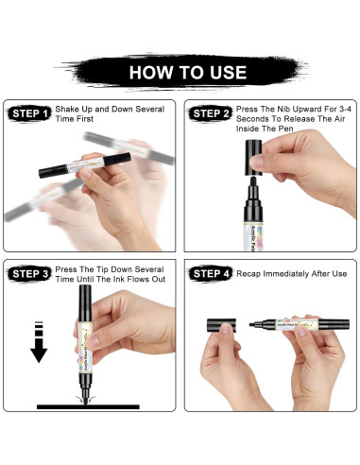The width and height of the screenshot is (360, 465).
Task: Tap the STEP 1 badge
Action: coord(29,113)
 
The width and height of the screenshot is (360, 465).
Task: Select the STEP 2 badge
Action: coord(210,113)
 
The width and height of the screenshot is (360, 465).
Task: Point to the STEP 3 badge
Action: coord(29,273)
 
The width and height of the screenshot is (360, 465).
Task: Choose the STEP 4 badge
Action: coord(210,273)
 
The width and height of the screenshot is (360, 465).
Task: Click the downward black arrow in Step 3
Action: coord(39,342)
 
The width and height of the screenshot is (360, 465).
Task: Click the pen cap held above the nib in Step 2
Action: coord(253,157)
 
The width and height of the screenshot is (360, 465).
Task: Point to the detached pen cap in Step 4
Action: coord(221,325)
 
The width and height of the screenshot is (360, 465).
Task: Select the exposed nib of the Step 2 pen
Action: coord(252,181)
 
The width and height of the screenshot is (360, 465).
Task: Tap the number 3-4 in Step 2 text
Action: coord(346,110)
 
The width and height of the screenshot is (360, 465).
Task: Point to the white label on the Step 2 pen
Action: coord(253,236)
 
